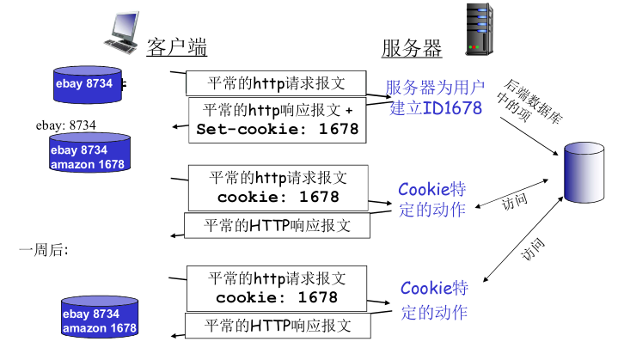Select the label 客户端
176,46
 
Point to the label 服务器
412,48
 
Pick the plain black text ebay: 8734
66,125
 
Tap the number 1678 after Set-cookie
339,130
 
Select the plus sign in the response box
348,110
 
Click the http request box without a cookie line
276,83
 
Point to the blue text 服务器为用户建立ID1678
435,97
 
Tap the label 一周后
43,250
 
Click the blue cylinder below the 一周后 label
99,319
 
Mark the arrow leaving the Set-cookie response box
180,127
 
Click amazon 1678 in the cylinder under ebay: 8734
87,164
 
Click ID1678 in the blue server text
452,107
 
